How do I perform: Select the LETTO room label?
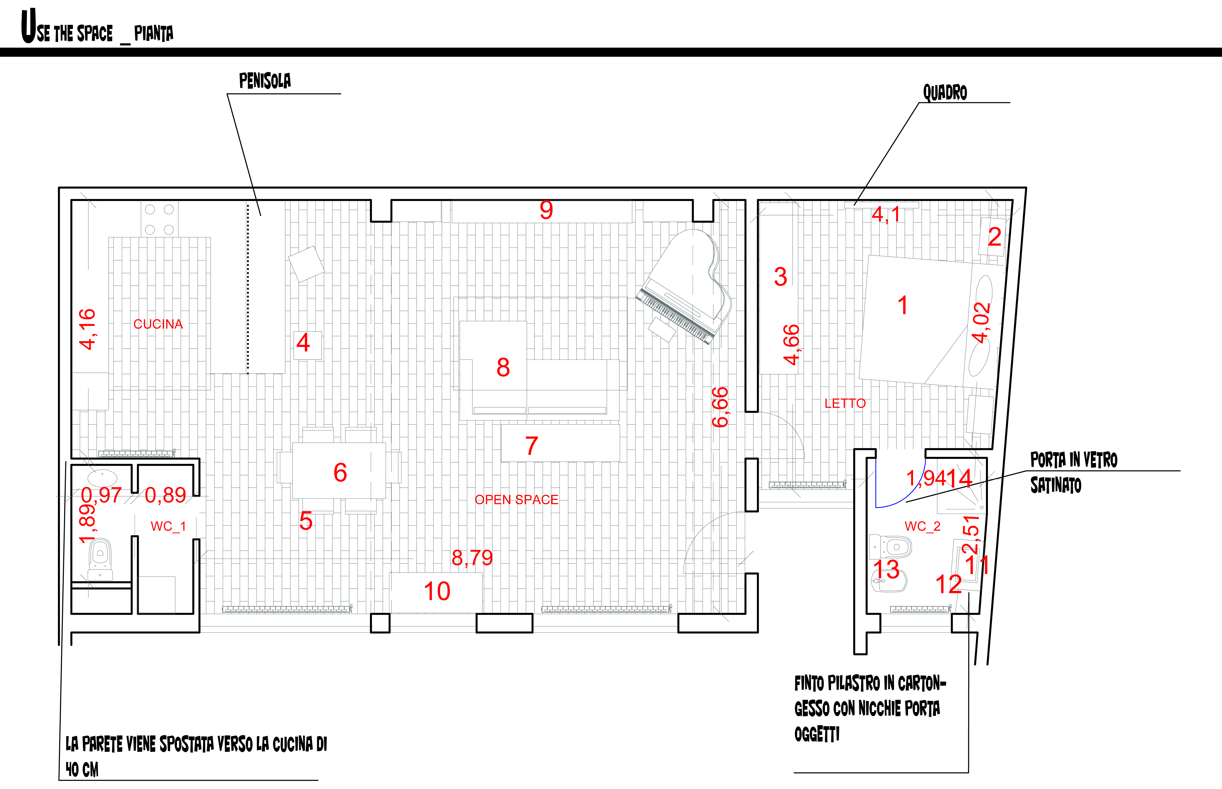click(x=845, y=404)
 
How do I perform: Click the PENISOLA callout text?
click(x=265, y=81)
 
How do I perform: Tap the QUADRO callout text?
click(x=945, y=93)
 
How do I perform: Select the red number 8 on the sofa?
click(x=503, y=367)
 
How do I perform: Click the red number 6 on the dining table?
click(x=340, y=472)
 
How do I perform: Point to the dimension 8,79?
click(x=472, y=558)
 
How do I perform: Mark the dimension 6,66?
click(x=720, y=407)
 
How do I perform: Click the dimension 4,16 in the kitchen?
click(x=87, y=329)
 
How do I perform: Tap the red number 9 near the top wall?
click(x=546, y=210)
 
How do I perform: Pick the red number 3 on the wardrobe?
click(x=780, y=277)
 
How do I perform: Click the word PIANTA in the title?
click(x=154, y=34)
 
